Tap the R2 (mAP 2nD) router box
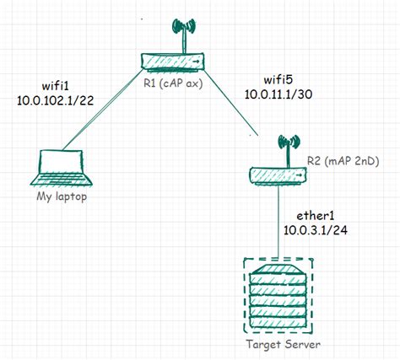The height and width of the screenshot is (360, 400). point(276,174)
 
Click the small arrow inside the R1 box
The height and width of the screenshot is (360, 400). point(197,62)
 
